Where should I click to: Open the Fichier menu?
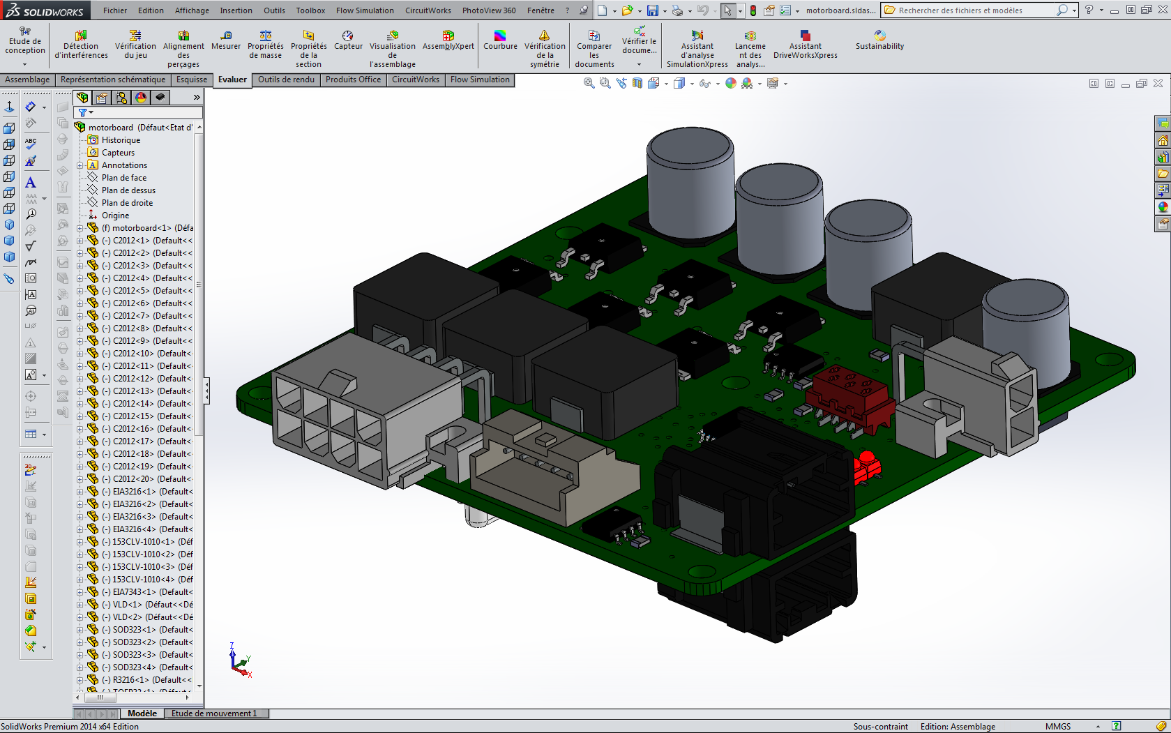115,10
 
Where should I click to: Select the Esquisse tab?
192,80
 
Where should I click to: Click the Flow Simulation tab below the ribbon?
480,80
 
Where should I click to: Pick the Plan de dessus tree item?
128,190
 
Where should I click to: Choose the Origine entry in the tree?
115,216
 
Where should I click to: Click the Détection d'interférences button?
81,45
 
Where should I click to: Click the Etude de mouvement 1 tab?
214,713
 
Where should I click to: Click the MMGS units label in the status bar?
1057,726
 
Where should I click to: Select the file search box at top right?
973,10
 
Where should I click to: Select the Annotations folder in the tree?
124,165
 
